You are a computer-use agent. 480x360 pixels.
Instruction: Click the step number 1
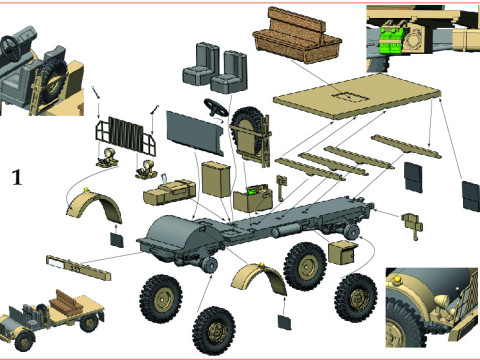17,177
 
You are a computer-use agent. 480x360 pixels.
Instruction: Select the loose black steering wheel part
216,108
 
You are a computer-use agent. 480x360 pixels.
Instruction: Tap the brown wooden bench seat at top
297,35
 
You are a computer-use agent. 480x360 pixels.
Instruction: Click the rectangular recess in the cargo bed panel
350,97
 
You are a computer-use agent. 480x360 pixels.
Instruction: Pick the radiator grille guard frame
125,136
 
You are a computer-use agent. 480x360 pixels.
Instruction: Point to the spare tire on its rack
248,133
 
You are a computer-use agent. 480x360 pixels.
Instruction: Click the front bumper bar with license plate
79,267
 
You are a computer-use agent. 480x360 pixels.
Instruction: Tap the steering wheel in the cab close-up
11,48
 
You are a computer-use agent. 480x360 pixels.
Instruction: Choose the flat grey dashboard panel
195,133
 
